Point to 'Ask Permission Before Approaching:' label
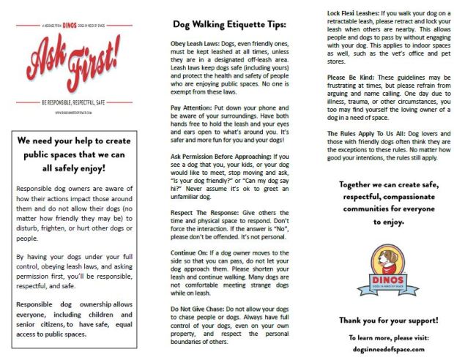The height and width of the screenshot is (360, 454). [219, 157]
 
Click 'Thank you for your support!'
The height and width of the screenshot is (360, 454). [388, 320]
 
